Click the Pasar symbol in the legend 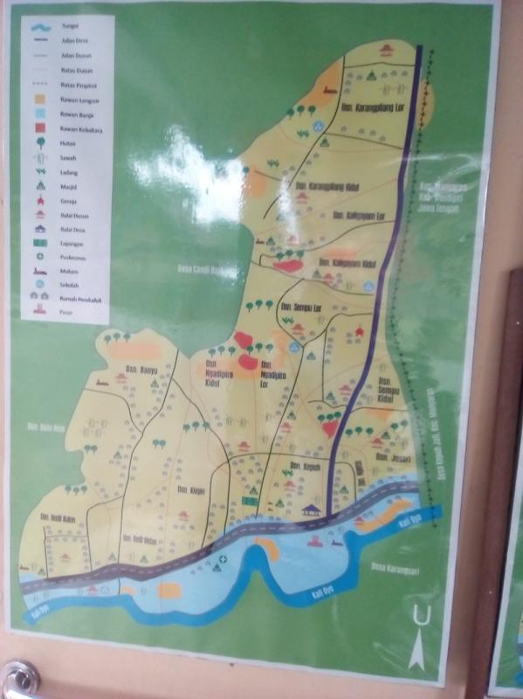tap(39, 311)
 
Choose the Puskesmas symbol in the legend tap(38, 254)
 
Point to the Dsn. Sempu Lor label tap(301, 307)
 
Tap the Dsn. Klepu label tap(189, 489)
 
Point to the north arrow tap(421, 634)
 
